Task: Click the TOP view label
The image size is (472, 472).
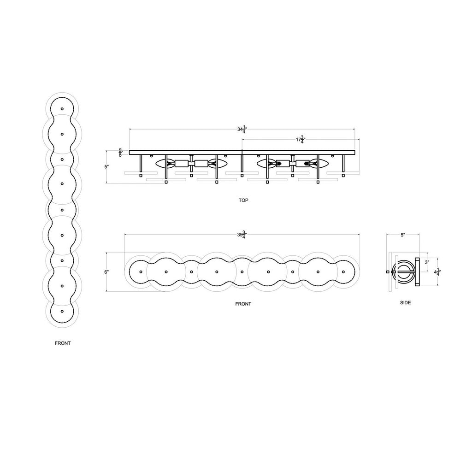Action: point(243,200)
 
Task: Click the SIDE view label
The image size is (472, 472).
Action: point(405,302)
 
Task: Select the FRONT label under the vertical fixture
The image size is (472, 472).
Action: point(63,343)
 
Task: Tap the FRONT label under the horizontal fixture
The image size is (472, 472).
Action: point(243,304)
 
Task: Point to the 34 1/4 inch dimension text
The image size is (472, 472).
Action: point(242,130)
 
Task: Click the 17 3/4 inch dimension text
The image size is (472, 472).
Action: point(301,140)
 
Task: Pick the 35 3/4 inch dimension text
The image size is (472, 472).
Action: point(242,235)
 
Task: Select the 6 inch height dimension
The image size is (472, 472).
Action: point(106,272)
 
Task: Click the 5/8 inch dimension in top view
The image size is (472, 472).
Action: point(121,153)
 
